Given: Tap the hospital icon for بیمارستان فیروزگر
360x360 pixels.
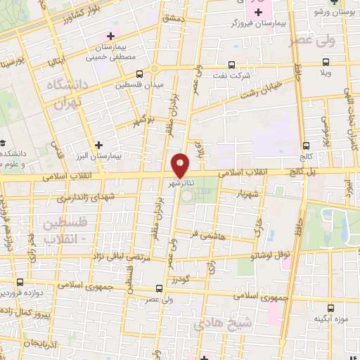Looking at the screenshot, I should tap(259, 12).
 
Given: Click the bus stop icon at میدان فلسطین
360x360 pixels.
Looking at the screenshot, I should tap(141, 73).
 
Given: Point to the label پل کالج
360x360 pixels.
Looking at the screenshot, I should tap(300, 172).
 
